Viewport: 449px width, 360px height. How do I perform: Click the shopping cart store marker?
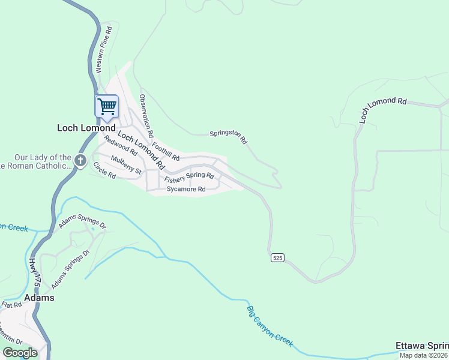click(107, 107)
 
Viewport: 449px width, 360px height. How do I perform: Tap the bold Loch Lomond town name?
click(86, 128)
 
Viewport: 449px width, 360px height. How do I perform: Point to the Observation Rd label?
click(146, 115)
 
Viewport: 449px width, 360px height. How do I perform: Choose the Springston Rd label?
click(228, 137)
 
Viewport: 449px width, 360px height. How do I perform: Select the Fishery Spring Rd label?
click(189, 176)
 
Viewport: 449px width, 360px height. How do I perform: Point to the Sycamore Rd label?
click(186, 190)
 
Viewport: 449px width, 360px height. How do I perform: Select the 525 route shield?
click(276, 257)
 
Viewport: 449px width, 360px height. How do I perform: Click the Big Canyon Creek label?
click(270, 326)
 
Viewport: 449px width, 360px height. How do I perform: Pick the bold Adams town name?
click(39, 298)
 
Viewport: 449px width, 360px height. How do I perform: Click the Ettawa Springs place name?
click(421, 346)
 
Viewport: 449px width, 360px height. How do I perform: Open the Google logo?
click(20, 352)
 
